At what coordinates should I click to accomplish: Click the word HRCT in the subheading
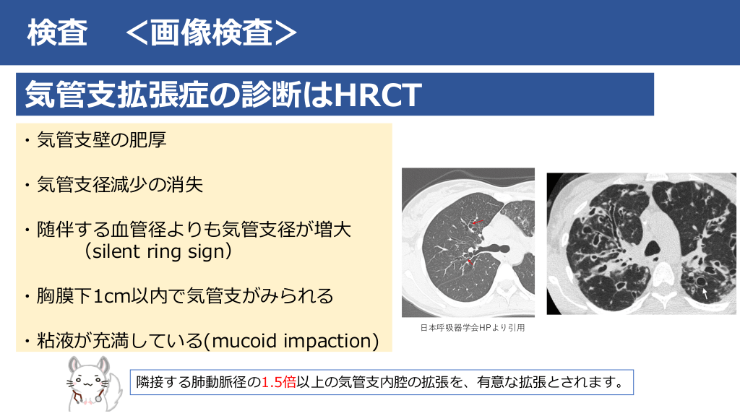click(x=377, y=95)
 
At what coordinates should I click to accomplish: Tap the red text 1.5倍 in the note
click(x=278, y=381)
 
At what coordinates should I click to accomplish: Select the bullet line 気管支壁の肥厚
click(x=101, y=139)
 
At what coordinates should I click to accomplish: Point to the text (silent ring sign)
click(x=158, y=251)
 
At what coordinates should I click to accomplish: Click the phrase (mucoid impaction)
click(x=292, y=341)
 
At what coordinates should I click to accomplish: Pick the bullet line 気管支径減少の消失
click(x=120, y=184)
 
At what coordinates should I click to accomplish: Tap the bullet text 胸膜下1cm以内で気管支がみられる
click(x=185, y=295)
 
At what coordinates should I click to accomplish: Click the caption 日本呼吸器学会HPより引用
click(x=473, y=327)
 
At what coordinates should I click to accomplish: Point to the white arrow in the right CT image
click(x=705, y=294)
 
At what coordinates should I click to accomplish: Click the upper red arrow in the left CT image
click(x=478, y=221)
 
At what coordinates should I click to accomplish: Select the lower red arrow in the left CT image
click(x=470, y=261)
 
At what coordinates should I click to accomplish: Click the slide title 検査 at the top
click(x=57, y=32)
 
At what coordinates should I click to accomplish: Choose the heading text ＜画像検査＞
click(x=212, y=32)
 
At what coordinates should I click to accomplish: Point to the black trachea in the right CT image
click(x=653, y=248)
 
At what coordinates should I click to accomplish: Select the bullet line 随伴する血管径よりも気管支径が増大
click(x=194, y=230)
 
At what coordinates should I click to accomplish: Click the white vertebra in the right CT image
click(x=663, y=274)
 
